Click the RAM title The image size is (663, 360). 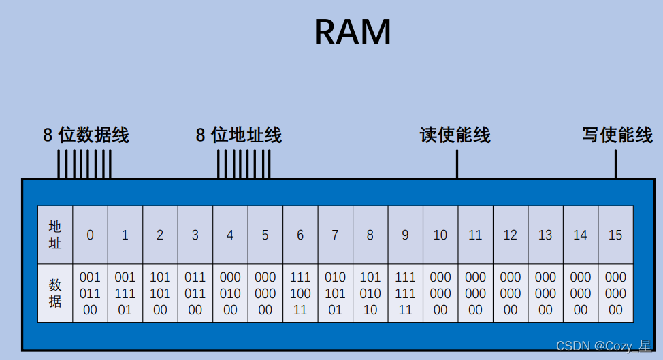click(x=353, y=32)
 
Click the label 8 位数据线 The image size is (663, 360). click(x=86, y=135)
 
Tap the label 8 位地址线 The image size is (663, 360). click(x=238, y=135)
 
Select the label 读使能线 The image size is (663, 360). click(x=455, y=135)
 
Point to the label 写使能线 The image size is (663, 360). click(x=617, y=134)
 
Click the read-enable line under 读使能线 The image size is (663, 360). click(x=457, y=164)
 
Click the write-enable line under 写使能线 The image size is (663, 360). click(x=616, y=164)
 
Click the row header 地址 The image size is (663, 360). click(x=55, y=235)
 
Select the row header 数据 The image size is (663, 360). click(x=55, y=293)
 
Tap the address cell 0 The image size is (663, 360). click(x=90, y=235)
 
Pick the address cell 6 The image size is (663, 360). click(x=300, y=235)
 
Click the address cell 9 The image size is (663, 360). click(x=405, y=235)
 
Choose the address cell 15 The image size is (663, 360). click(x=615, y=235)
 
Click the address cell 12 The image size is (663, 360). click(x=511, y=235)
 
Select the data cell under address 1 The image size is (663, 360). click(x=125, y=293)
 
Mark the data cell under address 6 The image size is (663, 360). click(x=300, y=293)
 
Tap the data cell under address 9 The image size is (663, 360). click(x=405, y=293)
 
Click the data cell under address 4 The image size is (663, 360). click(x=230, y=293)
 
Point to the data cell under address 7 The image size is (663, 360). click(x=335, y=293)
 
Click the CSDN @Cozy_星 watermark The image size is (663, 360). click(x=602, y=346)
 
